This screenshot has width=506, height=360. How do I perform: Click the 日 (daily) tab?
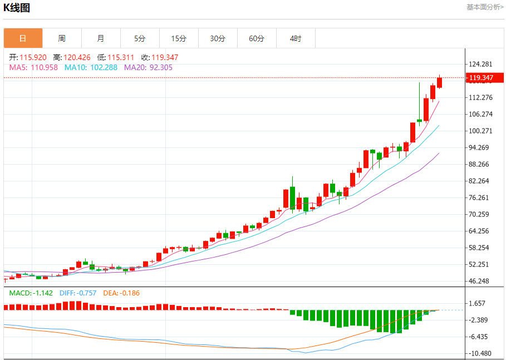[23, 38]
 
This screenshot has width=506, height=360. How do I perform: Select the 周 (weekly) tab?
[62, 38]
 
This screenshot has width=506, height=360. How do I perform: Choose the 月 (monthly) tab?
[101, 38]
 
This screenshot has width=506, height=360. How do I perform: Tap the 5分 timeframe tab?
[140, 38]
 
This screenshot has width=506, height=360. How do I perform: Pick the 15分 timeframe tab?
[179, 38]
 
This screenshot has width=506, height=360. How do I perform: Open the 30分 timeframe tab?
[218, 38]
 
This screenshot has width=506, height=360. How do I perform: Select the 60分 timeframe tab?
[257, 38]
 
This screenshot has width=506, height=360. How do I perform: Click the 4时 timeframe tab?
[296, 38]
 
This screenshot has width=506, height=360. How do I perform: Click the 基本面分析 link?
[485, 7]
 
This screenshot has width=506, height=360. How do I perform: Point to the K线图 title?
[17, 8]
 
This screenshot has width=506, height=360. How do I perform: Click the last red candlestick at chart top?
[440, 82]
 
